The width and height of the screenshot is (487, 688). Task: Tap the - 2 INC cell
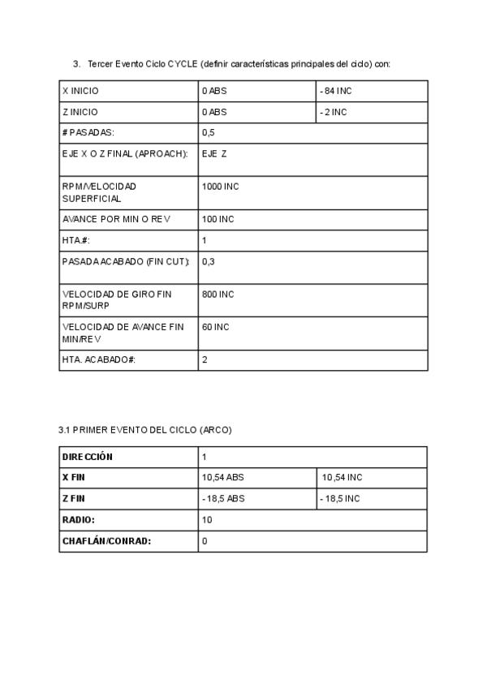[333, 112]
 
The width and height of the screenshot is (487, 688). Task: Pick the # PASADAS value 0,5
[208, 132]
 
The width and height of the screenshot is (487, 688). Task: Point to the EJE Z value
[214, 153]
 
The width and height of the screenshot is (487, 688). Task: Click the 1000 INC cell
[220, 186]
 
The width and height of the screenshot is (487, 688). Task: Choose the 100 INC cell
[218, 219]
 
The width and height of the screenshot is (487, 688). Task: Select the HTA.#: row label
[75, 241]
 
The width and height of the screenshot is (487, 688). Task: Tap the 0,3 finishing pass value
[208, 261]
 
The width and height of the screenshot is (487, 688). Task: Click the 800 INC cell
[218, 294]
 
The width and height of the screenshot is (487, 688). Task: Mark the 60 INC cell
[215, 326]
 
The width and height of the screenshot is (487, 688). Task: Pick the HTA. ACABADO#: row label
[98, 359]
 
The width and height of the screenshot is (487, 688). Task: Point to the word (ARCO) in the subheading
[215, 430]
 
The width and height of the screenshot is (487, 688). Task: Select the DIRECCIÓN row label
[88, 456]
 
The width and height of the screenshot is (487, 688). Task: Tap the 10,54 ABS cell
[222, 477]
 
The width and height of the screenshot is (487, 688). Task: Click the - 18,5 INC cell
[340, 498]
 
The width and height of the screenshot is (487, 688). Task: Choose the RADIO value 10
[207, 519]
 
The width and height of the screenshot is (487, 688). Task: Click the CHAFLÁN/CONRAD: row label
[107, 540]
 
